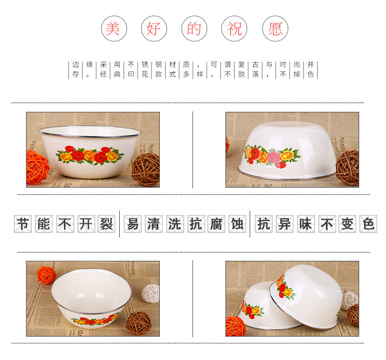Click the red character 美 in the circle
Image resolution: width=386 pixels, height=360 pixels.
114,29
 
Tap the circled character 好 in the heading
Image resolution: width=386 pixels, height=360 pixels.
154,29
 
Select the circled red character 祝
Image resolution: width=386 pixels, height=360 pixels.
235,29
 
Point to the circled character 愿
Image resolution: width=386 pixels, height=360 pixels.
275,29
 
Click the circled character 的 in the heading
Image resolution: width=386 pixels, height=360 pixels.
194,29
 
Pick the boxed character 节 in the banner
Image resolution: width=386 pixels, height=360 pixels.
23,224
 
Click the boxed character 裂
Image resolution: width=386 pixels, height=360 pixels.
107,224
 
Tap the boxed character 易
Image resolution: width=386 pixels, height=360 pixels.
133,224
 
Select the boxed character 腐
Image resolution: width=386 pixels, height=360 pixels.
216,224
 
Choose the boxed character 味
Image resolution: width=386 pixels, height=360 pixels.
306,224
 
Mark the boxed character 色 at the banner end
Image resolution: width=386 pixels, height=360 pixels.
368,224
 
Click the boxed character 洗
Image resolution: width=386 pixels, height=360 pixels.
175,224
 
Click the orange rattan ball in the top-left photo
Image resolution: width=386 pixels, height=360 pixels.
37,168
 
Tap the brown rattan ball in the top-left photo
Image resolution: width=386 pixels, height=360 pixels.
146,169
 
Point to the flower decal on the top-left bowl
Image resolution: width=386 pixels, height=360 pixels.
90,155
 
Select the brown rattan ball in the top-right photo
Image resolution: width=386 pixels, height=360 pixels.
347,168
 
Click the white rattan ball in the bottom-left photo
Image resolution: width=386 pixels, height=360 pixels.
150,294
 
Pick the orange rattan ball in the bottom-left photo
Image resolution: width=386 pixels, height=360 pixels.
46,275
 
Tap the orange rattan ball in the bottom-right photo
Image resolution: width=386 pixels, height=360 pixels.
236,326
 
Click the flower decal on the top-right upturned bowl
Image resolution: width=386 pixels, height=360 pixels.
272,156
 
